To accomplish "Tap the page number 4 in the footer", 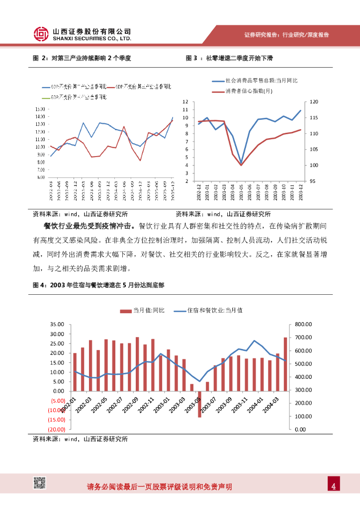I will click(x=334, y=486).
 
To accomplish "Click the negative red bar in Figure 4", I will click(x=199, y=404).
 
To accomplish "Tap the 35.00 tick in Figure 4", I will click(x=58, y=324).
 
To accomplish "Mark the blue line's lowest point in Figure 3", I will click(x=241, y=163).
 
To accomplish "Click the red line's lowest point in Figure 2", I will click(x=141, y=161).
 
